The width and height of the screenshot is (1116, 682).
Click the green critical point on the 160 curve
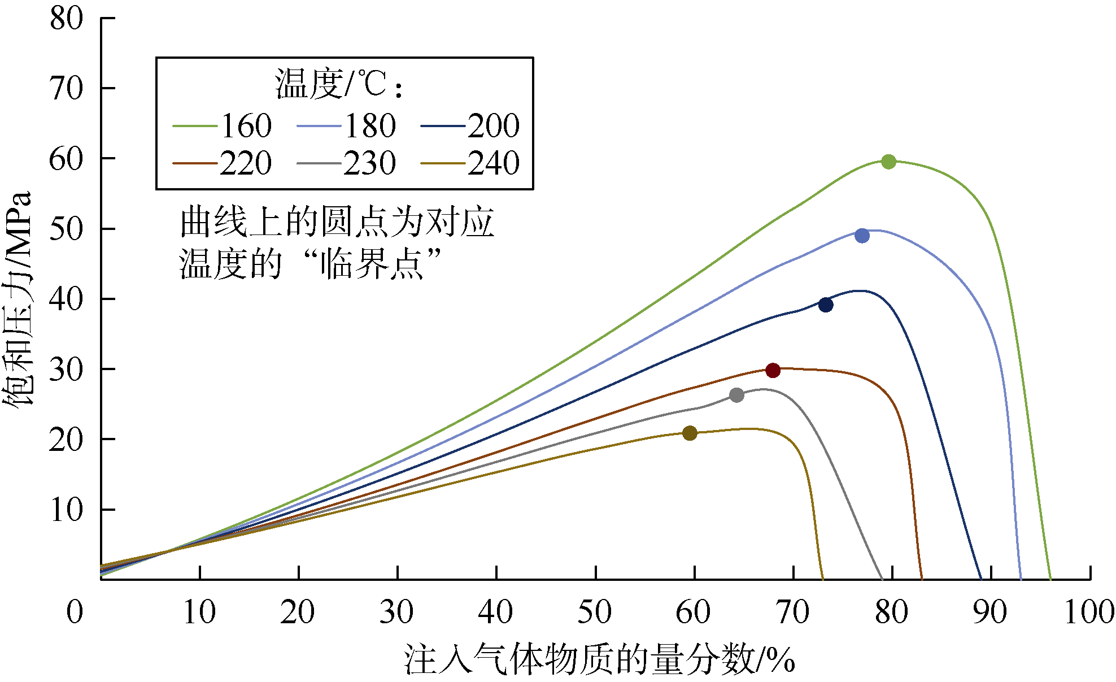(888, 162)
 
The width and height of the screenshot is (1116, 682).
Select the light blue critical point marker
(862, 236)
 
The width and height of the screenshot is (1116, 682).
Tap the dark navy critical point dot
(826, 305)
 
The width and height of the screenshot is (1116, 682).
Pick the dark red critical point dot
(773, 371)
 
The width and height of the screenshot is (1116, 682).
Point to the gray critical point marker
(736, 396)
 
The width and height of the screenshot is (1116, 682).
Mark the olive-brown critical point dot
(690, 433)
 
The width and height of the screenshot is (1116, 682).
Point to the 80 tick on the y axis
(66, 19)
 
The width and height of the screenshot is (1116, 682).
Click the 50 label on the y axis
(66, 229)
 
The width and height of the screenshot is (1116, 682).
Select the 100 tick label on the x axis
(1089, 612)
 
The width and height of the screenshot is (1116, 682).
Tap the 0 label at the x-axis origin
(75, 612)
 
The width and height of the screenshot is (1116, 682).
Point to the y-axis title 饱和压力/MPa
(18, 299)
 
